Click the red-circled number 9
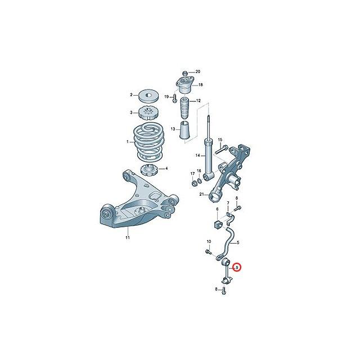237,267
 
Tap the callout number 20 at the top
197,71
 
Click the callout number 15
220,140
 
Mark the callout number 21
200,195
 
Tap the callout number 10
208,242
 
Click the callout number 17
192,173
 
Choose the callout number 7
228,203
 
